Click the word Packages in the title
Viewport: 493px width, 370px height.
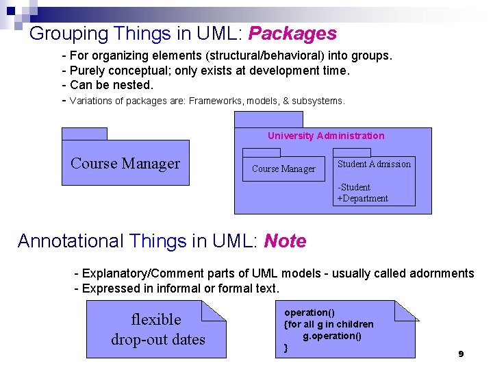tap(292, 34)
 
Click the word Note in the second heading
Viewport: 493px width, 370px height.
tap(285, 241)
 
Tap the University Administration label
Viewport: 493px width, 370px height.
tap(326, 136)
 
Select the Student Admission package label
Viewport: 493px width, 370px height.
tap(374, 164)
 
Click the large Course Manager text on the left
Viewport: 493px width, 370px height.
tap(125, 163)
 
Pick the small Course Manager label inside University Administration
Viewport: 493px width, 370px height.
tap(283, 169)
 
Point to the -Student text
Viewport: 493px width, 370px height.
tap(354, 187)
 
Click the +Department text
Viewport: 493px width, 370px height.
tap(362, 199)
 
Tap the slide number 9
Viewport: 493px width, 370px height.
tap(461, 354)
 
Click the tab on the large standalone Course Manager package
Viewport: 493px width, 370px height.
tap(84, 134)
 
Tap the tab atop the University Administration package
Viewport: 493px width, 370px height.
tap(268, 119)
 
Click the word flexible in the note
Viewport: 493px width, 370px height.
tap(156, 319)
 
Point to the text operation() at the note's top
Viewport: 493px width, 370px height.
tap(309, 312)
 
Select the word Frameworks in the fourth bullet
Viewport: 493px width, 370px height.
tap(212, 101)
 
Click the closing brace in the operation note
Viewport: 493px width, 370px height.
tap(286, 348)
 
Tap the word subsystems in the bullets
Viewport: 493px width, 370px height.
tap(318, 101)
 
